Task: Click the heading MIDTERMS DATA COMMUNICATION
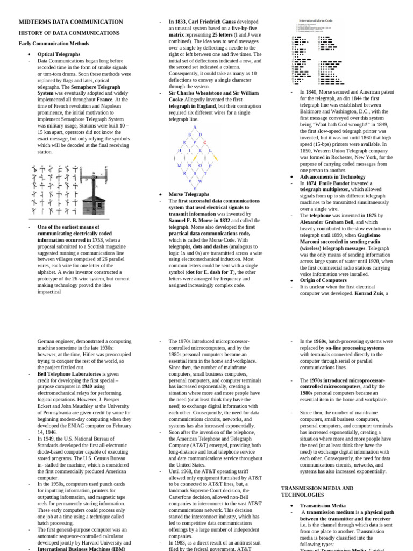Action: tap(70, 22)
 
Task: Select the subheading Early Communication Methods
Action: tap(54, 43)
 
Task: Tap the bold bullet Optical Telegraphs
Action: tap(59, 54)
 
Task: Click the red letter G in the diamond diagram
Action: tap(205, 143)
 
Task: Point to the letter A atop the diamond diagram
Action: tap(195, 127)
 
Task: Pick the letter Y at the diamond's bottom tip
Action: tap(195, 188)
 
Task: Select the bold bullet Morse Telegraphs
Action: tap(188, 194)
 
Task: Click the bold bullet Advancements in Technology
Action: tap(332, 176)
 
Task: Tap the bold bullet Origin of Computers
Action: tap(323, 280)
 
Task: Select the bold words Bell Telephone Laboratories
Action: tap(69, 373)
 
